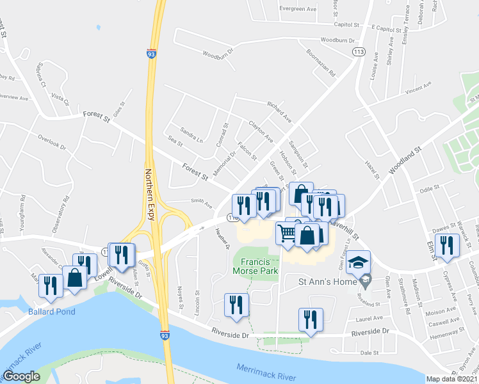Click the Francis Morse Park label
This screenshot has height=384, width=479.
(260, 266)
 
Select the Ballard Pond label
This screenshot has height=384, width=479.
(51, 312)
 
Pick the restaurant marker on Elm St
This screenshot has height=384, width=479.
(446, 246)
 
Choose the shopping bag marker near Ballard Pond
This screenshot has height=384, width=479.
(75, 278)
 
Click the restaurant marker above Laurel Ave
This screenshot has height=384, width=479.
(311, 319)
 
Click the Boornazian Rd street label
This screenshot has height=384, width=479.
(320, 63)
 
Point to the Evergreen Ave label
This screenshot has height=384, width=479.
(298, 10)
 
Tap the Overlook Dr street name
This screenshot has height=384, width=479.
(52, 141)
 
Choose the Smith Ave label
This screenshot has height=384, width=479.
(201, 204)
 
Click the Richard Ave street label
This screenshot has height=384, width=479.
(279, 111)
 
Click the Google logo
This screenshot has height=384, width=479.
(22, 376)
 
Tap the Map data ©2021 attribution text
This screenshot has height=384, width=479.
(452, 379)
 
